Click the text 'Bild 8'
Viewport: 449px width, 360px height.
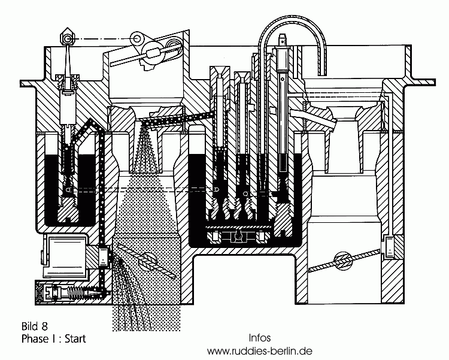click(34, 326)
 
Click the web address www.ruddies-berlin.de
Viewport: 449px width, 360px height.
click(259, 350)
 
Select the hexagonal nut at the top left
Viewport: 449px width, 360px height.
click(68, 39)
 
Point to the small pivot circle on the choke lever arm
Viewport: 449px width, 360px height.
click(138, 40)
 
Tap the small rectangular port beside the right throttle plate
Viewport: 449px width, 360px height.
click(392, 246)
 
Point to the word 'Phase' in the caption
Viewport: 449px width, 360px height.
click(35, 338)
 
